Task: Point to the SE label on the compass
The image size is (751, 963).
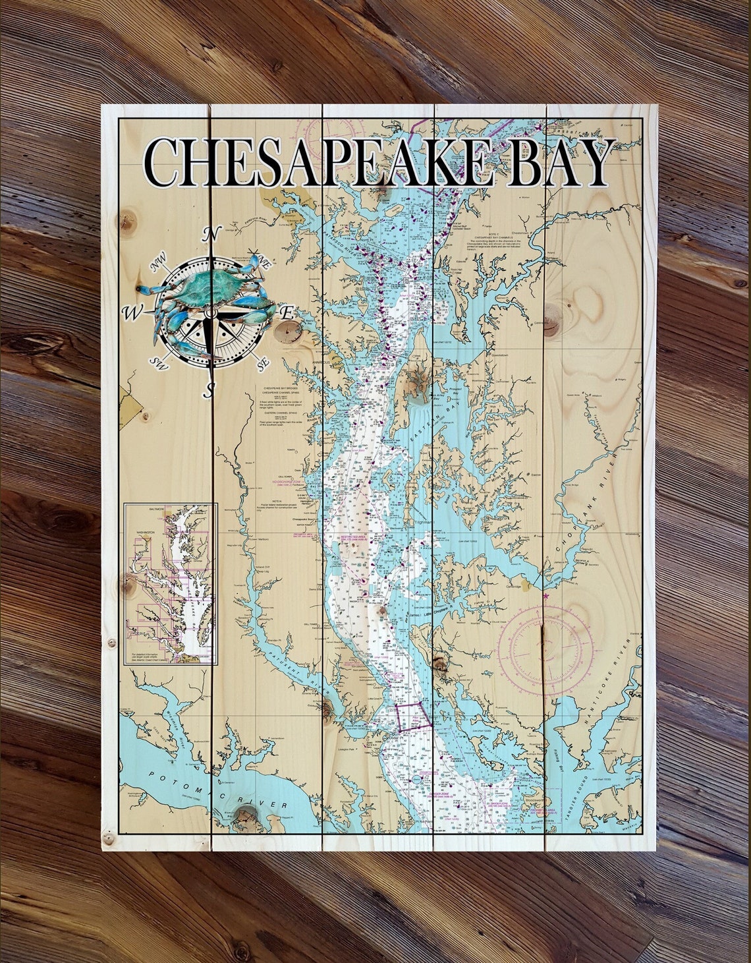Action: pyautogui.click(x=263, y=362)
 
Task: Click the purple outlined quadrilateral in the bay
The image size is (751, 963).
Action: pyautogui.click(x=413, y=716)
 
